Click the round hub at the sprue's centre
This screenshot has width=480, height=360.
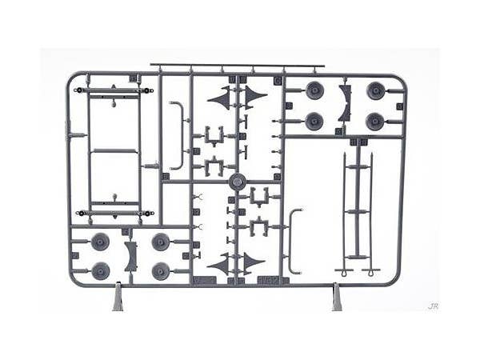click(237, 181)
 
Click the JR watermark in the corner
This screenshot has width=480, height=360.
click(433, 306)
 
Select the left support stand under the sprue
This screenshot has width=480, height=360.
click(118, 298)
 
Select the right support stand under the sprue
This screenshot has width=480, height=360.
click(337, 298)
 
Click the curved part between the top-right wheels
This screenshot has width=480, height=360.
click(346, 103)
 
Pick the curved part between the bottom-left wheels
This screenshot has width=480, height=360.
click(130, 256)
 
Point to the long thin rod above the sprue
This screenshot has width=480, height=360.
click(237, 65)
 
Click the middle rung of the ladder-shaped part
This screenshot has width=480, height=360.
click(358, 211)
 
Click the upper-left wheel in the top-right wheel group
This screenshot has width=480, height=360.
click(314, 90)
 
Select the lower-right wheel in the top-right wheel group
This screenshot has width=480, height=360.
click(375, 122)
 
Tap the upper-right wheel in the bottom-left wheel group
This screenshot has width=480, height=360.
click(161, 242)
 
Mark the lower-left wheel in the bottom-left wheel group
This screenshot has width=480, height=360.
click(100, 271)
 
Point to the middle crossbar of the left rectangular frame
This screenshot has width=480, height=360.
click(114, 150)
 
